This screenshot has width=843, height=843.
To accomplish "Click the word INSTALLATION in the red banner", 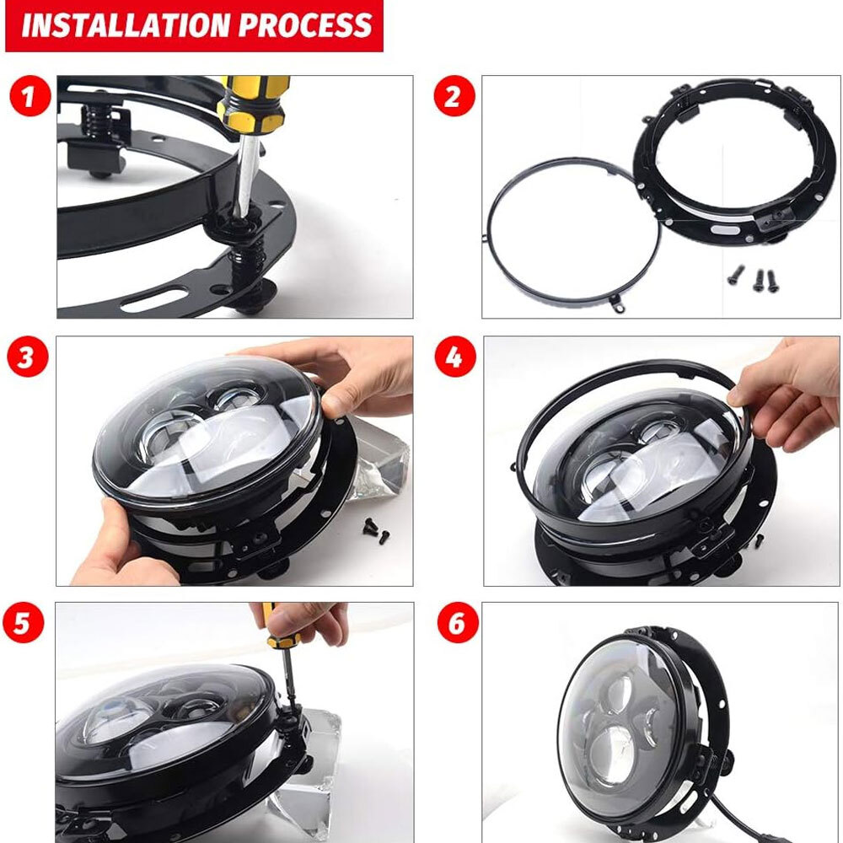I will (x=125, y=25).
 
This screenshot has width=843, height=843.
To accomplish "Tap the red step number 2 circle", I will (x=454, y=98).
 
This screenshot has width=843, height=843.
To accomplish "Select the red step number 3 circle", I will (x=27, y=357).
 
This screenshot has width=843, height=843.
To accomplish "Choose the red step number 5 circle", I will (x=27, y=625).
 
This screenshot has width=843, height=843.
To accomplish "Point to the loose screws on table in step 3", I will (x=373, y=531).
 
